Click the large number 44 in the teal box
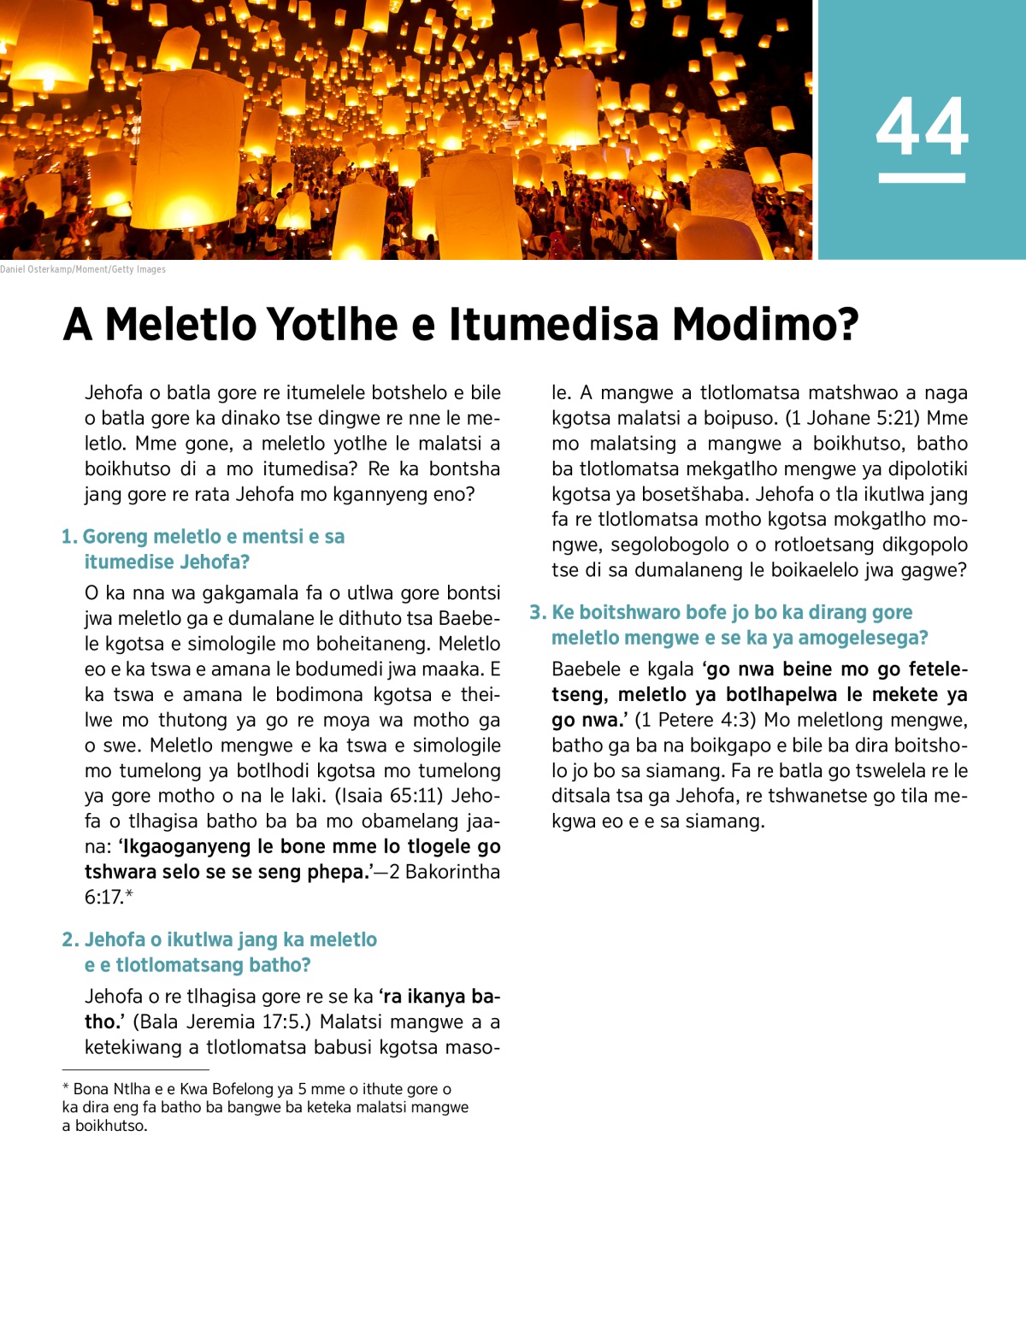point(922,127)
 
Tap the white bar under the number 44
point(922,178)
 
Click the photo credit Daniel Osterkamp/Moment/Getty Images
point(83,269)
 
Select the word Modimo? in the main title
point(765,325)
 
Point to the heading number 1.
point(68,537)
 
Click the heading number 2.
point(69,939)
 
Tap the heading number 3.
point(537,612)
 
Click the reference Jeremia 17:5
point(244,1022)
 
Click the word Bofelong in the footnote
point(242,1089)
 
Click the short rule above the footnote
point(135,1069)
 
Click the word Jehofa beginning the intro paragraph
point(114,393)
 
